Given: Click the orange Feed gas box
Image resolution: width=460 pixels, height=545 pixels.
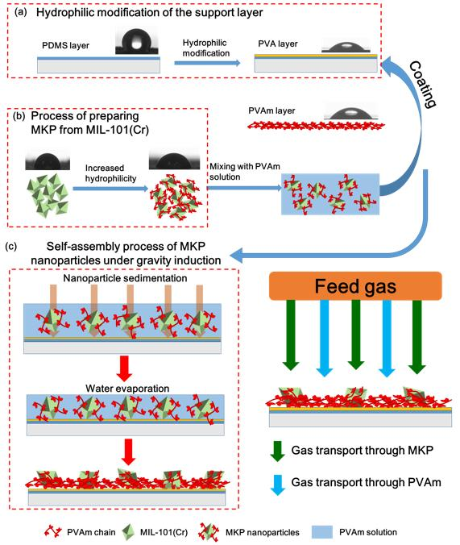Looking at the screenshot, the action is [355, 285].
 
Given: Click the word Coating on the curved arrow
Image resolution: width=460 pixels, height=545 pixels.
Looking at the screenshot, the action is [423, 85].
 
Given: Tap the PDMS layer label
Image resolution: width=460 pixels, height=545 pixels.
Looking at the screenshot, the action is [66, 45].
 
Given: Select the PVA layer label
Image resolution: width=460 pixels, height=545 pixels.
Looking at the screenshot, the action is [278, 44].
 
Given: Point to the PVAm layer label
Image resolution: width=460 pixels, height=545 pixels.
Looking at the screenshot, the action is [271, 110].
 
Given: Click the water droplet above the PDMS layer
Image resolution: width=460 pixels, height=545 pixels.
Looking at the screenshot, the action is [137, 42].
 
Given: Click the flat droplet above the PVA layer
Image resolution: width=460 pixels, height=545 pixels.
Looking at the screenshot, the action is [346, 47].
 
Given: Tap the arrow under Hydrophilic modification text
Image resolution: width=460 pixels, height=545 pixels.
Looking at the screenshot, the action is [207, 63].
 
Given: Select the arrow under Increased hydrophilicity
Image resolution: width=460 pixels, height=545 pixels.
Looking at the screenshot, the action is [110, 189].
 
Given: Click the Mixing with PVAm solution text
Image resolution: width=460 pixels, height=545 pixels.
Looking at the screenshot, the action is [245, 172].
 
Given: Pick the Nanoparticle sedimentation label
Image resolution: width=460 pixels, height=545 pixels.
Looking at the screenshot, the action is [125, 278].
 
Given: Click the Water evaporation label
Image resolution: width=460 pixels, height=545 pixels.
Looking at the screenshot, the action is [127, 389].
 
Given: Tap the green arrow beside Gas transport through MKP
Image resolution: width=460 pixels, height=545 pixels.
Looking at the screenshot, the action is [277, 451].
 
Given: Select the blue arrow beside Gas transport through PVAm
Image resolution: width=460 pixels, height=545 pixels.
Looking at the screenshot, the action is [277, 485].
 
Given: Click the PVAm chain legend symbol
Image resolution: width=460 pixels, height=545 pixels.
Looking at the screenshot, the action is [53, 531].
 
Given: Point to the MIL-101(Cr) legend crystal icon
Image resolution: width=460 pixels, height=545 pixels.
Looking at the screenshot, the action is [128, 531].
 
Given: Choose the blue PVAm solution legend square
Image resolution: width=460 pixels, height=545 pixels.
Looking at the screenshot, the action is [322, 532].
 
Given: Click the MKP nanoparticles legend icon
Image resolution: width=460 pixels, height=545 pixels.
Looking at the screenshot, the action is [209, 532].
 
